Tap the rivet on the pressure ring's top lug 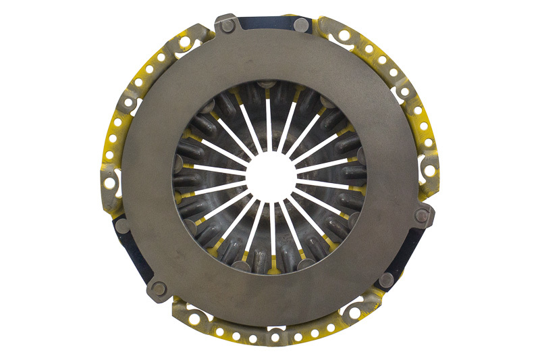(228, 26)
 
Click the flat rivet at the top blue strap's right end (301, 26)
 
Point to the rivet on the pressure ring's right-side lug (423, 215)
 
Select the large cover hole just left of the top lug (184, 42)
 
